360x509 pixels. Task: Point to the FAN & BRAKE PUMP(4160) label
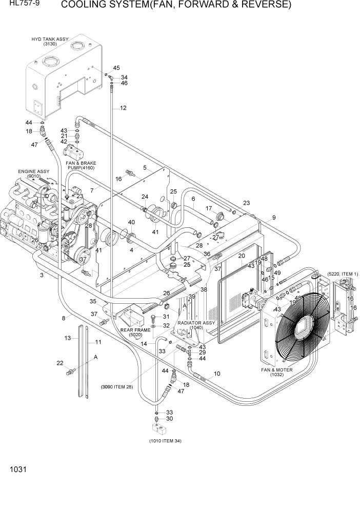81,165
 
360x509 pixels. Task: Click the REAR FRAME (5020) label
135,332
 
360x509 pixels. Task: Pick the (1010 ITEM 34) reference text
165,441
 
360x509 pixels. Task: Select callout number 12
123,108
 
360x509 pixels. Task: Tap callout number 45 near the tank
116,68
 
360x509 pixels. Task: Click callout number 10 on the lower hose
217,374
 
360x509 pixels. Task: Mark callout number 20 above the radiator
242,256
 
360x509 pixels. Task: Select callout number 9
274,218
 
